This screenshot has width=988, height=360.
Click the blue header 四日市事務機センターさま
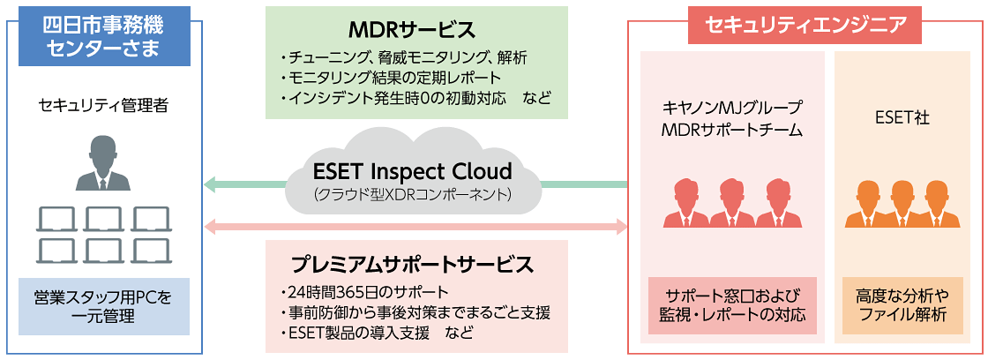pos(104,36)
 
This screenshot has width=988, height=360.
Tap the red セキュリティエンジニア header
pos(804,24)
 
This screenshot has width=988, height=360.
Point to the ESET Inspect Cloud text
pos(413,169)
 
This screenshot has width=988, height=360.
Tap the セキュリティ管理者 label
pos(103,106)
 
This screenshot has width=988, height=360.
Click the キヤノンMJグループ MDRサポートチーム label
pos(733,119)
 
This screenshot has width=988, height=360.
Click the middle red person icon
pos(732,202)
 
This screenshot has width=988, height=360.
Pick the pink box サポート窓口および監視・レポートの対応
pos(732,305)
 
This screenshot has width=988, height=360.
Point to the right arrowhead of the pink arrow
pos(621,227)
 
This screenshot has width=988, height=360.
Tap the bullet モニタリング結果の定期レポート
pos(388,78)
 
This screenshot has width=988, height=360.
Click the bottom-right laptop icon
pos(151,251)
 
